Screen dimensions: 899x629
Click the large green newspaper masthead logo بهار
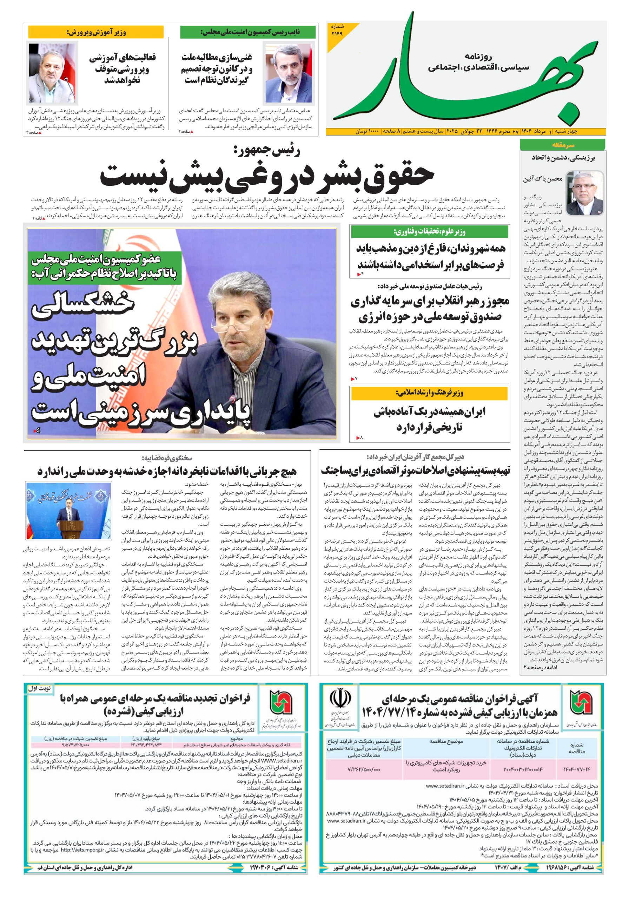click(462, 74)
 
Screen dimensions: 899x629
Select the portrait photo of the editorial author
click(584, 191)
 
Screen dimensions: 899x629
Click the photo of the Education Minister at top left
click(52, 72)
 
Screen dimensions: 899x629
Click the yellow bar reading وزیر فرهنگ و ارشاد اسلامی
click(429, 393)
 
